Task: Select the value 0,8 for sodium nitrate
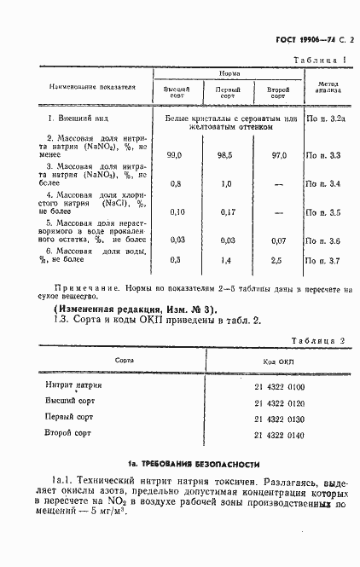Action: [x=176, y=183]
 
